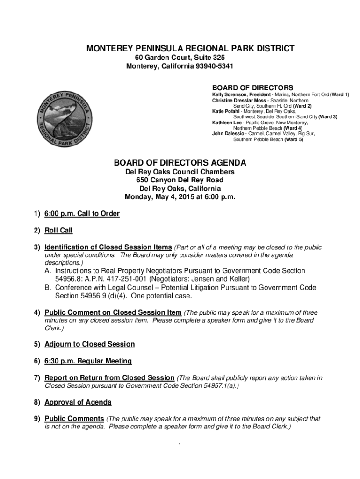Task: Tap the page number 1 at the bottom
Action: (179, 445)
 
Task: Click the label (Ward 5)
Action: (294, 139)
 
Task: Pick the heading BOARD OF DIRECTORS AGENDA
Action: (180, 163)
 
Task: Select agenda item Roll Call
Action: (58, 230)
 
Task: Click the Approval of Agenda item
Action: (78, 402)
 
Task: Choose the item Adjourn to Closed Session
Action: (89, 344)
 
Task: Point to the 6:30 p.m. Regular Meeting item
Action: (88, 361)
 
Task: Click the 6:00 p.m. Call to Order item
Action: (82, 214)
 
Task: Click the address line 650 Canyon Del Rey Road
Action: (180, 180)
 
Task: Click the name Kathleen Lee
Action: (227, 123)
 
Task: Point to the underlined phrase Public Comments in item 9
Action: (74, 419)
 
